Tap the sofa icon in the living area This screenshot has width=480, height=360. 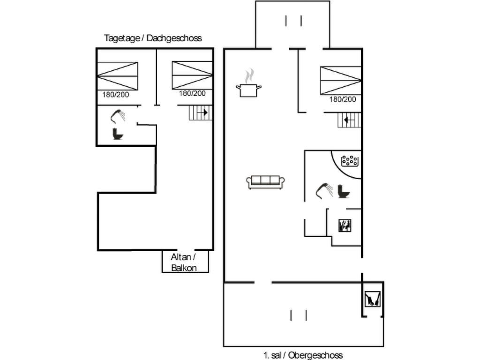(266, 182)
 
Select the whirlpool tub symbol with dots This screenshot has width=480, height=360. (350, 161)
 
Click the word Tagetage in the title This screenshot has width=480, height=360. (121, 38)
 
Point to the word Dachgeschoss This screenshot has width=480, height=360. (174, 38)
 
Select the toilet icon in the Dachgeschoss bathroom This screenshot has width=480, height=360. (117, 134)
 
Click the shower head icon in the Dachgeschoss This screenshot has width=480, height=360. (118, 115)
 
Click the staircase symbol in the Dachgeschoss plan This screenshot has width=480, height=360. (201, 113)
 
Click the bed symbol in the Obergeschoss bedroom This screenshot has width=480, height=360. (341, 80)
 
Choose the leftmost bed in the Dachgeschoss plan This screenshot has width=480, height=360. (117, 75)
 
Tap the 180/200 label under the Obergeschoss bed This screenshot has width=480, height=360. (343, 99)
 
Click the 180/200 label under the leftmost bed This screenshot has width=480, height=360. (116, 95)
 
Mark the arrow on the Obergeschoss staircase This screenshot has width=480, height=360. (346, 120)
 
